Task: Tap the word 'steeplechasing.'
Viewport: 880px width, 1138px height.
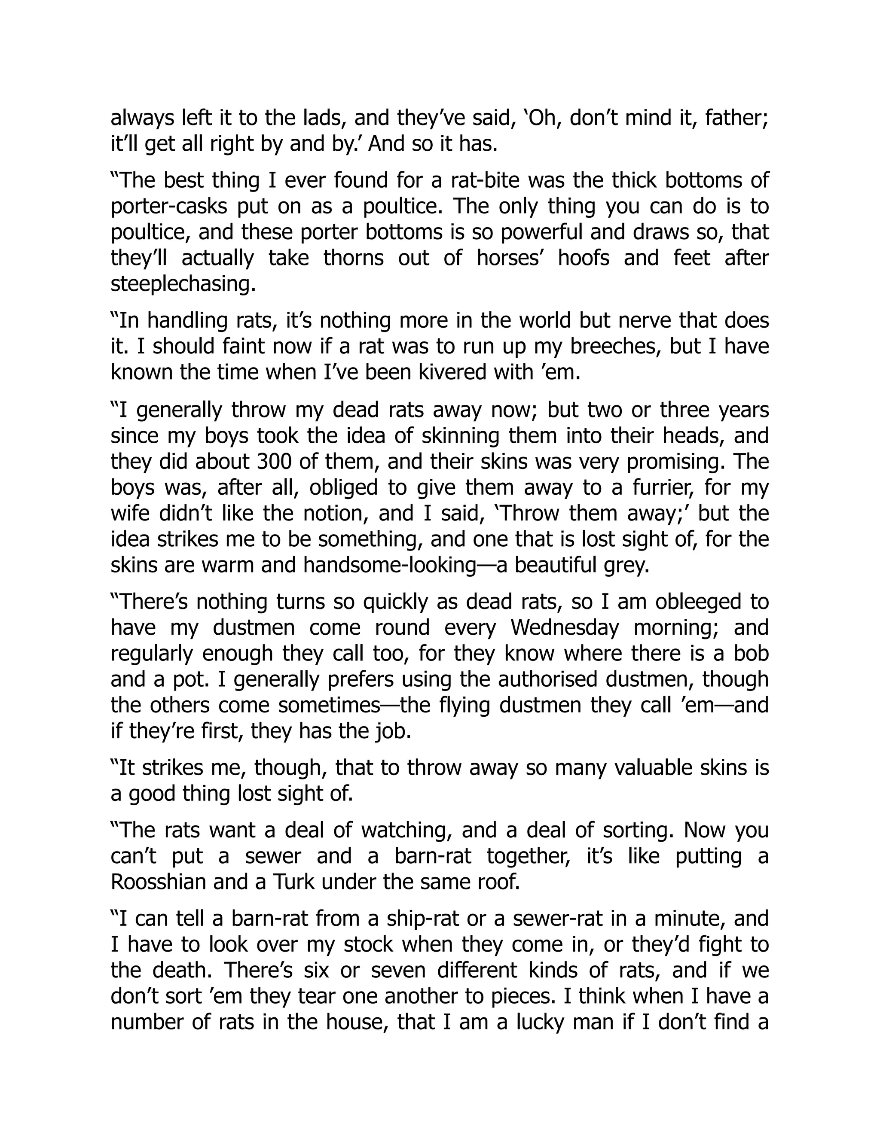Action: pyautogui.click(x=183, y=284)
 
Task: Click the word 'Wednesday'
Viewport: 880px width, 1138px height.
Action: pyautogui.click(x=565, y=628)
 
